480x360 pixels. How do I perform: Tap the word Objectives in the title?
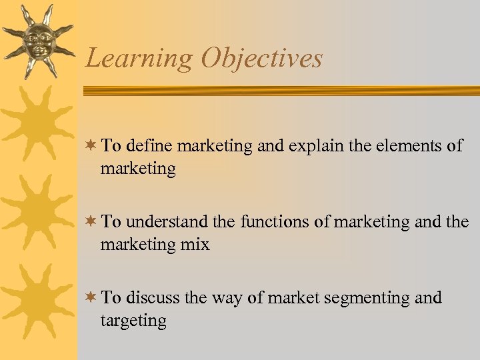tap(262, 59)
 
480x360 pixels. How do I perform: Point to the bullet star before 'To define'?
tap(91, 146)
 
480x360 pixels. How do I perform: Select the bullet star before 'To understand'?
tap(91, 222)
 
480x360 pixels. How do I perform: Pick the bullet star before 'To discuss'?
tap(91, 297)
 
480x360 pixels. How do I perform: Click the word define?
tap(148, 146)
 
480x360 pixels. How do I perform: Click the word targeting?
tap(133, 321)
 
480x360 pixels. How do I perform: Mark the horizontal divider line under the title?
tap(280, 90)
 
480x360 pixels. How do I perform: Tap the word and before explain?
tap(269, 146)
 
